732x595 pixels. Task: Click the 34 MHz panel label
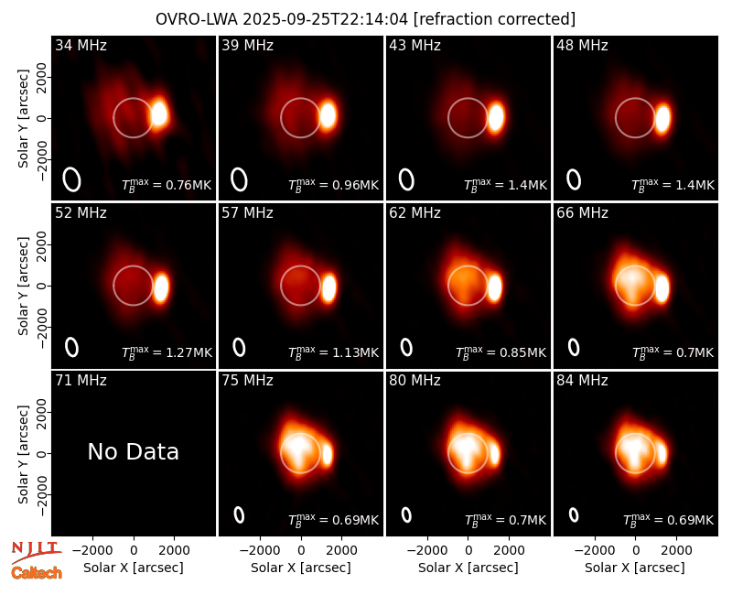point(81,45)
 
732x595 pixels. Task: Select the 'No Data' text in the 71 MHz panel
point(133,451)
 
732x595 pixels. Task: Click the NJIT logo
point(36,552)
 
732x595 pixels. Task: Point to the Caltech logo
point(37,573)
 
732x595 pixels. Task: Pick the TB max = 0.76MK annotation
point(167,185)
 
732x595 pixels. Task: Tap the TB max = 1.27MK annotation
point(167,352)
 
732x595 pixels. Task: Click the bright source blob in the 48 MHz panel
point(662,118)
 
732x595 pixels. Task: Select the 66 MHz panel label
point(582,213)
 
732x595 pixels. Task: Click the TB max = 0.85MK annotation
point(501,352)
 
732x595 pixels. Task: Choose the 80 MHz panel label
point(415,381)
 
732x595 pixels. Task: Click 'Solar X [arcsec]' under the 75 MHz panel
point(301,568)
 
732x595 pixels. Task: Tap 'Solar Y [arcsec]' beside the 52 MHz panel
point(23,286)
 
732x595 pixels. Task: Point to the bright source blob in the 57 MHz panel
point(329,287)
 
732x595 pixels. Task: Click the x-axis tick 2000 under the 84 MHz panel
point(676,551)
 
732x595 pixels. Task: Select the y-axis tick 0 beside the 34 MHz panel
point(43,118)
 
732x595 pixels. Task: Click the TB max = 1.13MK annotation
point(333,352)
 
